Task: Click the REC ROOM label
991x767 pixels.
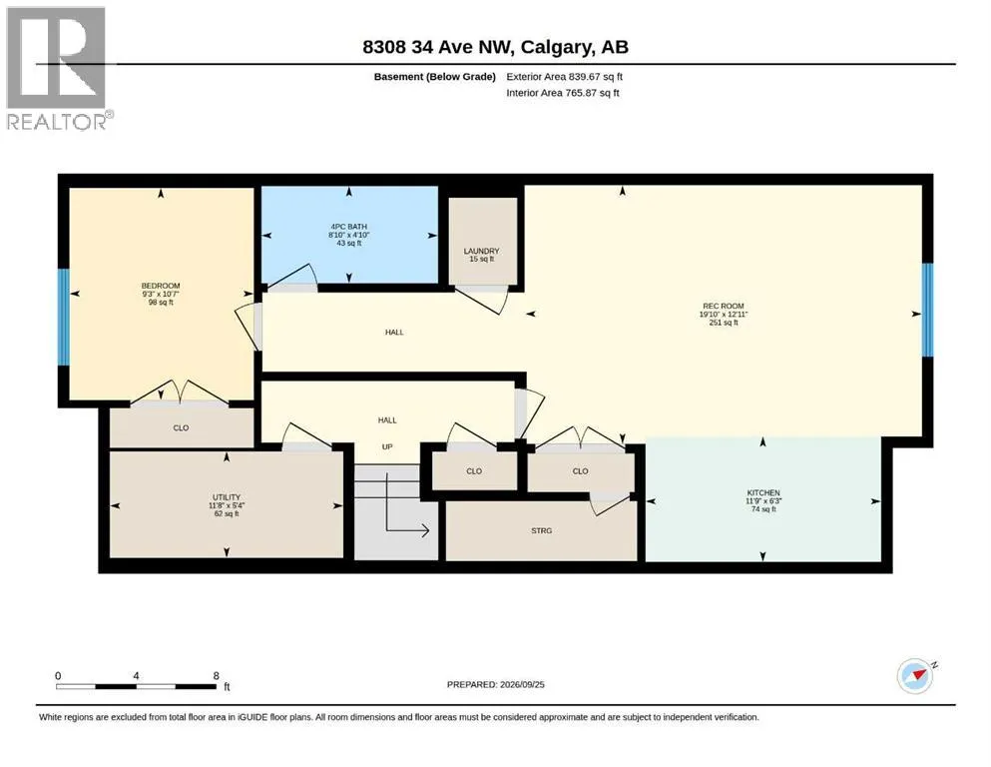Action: click(x=723, y=306)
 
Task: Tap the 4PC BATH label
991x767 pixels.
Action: click(x=349, y=227)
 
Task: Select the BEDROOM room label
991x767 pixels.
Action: click(x=161, y=286)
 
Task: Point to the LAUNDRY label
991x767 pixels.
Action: click(x=482, y=251)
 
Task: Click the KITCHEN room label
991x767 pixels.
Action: click(x=763, y=492)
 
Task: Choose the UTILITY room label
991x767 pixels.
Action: click(x=227, y=497)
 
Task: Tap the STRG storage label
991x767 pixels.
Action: click(x=542, y=531)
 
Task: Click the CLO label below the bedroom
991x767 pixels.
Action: click(x=181, y=428)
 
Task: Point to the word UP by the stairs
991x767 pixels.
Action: click(x=387, y=447)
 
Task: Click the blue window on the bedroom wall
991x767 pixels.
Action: click(x=63, y=318)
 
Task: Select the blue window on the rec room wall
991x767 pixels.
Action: click(x=927, y=310)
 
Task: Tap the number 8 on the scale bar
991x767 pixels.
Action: click(x=217, y=676)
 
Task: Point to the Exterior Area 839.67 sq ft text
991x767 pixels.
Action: click(x=565, y=77)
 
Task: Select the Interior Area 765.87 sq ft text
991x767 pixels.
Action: click(x=563, y=93)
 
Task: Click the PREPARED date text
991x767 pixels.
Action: click(x=495, y=684)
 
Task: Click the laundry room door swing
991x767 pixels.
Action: click(x=483, y=300)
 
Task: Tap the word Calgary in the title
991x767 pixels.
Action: click(x=556, y=47)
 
